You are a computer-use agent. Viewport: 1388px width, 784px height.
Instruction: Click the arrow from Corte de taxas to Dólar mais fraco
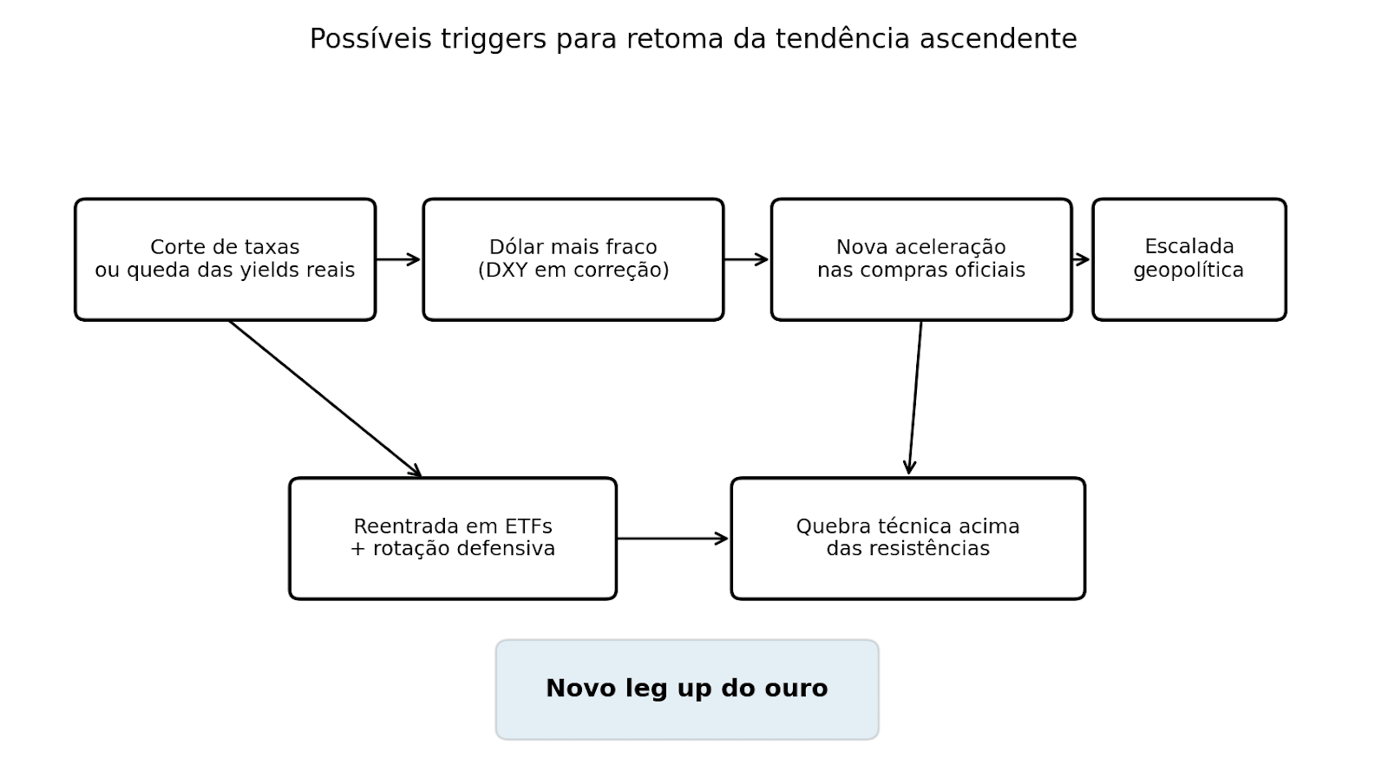tap(398, 259)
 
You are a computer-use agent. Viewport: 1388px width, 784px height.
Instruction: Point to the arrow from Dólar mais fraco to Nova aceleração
tap(746, 259)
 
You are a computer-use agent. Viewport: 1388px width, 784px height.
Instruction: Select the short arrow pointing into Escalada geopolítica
tap(1081, 259)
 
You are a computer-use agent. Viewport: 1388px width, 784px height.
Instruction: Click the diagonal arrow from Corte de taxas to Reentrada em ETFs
tap(325, 399)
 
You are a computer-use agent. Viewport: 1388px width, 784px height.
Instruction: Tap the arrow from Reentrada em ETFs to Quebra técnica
tap(672, 539)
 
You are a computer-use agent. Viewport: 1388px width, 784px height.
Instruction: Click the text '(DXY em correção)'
tap(573, 271)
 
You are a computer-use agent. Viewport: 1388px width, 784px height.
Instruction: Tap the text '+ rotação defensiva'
tap(453, 549)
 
